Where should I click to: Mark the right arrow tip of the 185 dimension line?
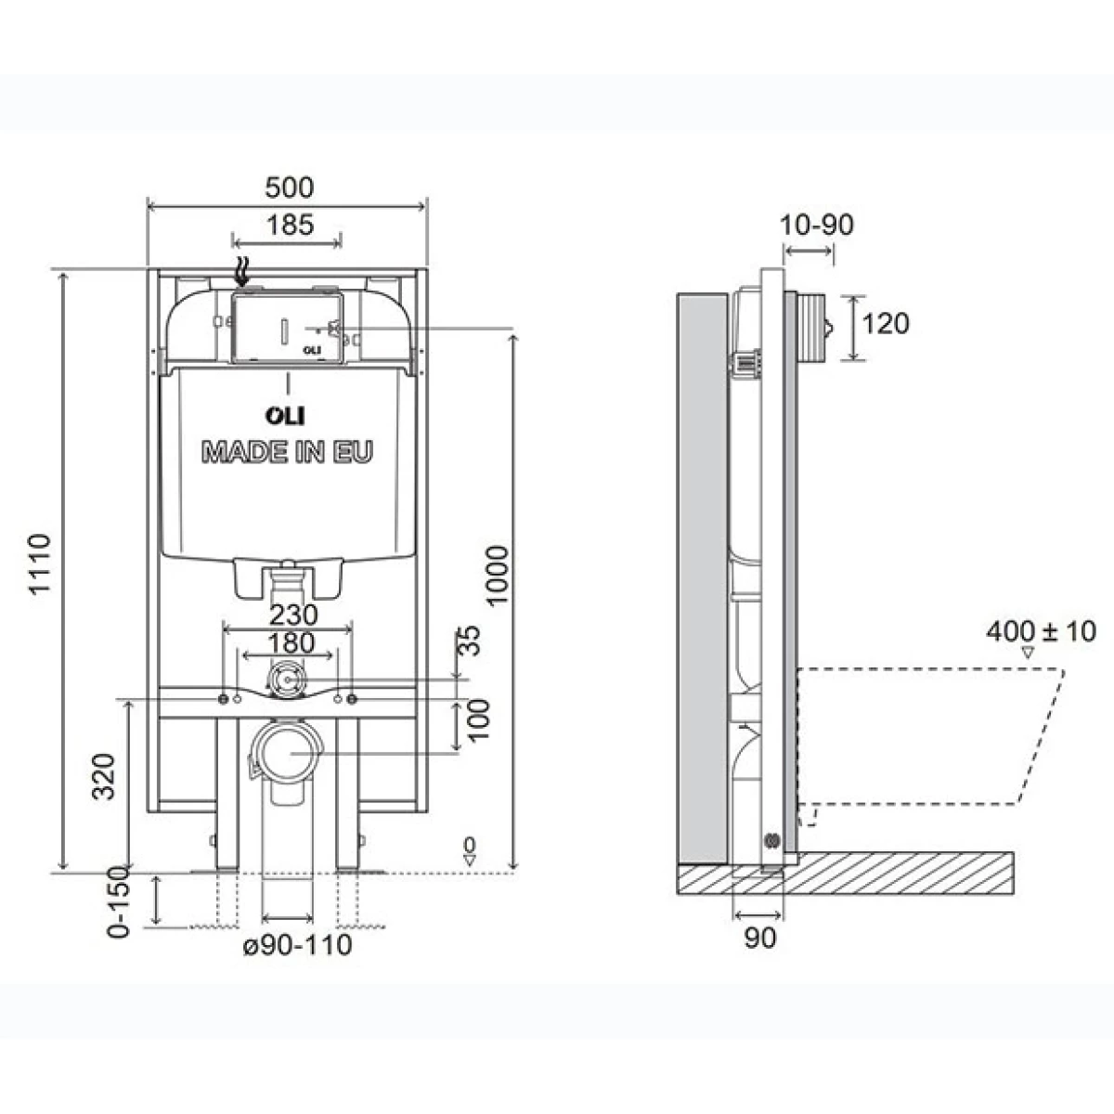[342, 241]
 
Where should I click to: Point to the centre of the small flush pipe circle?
[287, 680]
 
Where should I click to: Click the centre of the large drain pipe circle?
[288, 753]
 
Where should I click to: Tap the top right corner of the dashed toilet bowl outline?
[1064, 668]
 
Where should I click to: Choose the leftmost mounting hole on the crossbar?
[224, 699]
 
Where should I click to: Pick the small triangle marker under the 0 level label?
[470, 860]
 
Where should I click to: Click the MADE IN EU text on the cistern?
[287, 451]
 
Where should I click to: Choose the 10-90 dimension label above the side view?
[816, 225]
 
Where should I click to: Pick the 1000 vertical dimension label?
[498, 576]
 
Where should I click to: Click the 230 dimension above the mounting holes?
[293, 615]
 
